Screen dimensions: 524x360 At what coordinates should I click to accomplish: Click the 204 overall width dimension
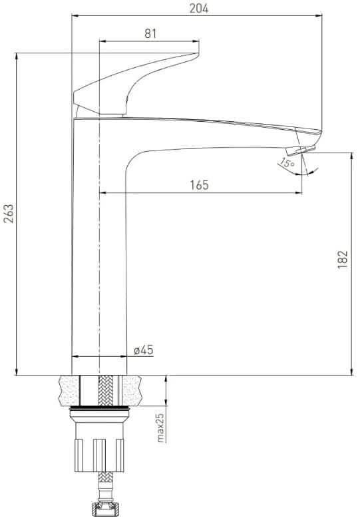click(198, 8)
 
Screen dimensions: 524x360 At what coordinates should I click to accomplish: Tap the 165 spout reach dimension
click(198, 185)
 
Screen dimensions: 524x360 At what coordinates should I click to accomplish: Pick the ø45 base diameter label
click(143, 350)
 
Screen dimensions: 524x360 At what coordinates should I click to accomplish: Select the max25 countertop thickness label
click(160, 427)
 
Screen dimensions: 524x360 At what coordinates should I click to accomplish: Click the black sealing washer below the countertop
click(98, 407)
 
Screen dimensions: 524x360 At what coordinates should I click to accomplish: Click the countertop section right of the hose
click(134, 391)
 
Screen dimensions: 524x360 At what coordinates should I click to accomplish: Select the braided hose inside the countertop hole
click(98, 391)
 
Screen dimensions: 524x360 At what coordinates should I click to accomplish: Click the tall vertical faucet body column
click(98, 266)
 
